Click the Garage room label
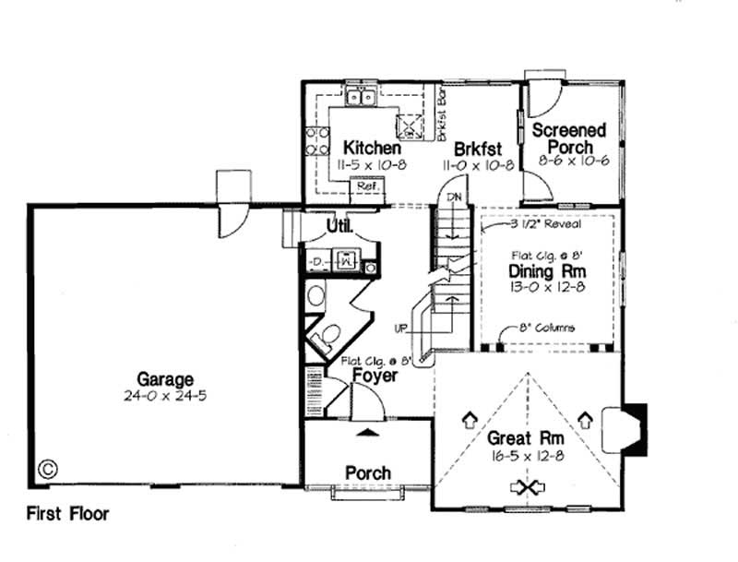(x=166, y=378)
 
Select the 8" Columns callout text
(x=550, y=328)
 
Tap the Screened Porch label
(x=568, y=138)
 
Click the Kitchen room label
(x=372, y=148)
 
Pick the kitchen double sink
(x=359, y=95)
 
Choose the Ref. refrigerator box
(x=367, y=186)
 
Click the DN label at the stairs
(x=453, y=197)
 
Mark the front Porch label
(x=367, y=472)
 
